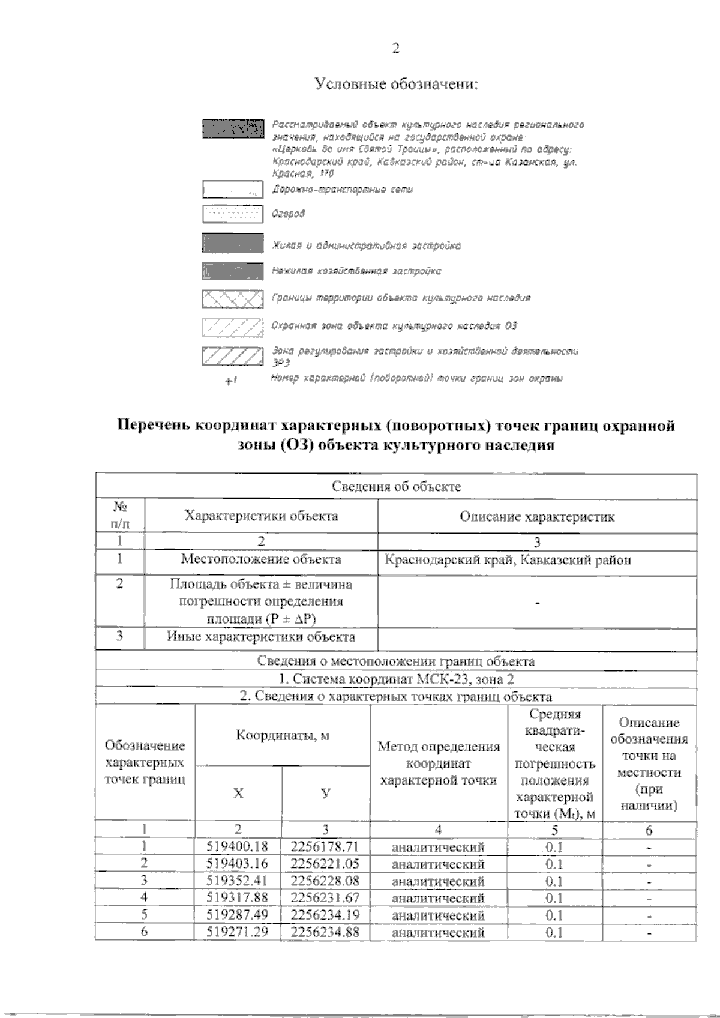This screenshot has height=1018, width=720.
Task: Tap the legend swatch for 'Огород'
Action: (x=233, y=214)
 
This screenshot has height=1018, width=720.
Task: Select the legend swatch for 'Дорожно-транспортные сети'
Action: (x=233, y=190)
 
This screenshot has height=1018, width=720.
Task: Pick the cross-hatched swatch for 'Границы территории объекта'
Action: (x=233, y=298)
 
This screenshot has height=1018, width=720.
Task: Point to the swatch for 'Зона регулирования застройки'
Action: (x=233, y=355)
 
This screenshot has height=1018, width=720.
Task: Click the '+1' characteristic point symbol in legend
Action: (x=231, y=380)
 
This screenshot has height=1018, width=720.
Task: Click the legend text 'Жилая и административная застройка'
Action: (x=366, y=245)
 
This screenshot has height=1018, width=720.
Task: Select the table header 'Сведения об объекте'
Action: (x=396, y=487)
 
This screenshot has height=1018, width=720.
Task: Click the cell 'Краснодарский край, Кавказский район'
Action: (x=508, y=560)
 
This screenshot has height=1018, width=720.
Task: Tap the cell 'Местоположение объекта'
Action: (x=261, y=559)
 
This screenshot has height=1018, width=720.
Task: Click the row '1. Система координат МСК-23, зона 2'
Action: (x=396, y=679)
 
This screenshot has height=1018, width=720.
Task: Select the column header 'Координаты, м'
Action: (x=282, y=735)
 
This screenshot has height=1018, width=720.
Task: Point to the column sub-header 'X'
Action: (x=238, y=793)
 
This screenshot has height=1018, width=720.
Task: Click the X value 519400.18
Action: (x=237, y=846)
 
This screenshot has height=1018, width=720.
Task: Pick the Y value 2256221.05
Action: (x=325, y=863)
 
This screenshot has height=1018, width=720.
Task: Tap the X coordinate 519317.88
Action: (x=237, y=897)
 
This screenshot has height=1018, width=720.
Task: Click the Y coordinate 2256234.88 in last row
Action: (x=325, y=932)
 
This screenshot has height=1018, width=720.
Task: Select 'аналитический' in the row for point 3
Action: (x=438, y=881)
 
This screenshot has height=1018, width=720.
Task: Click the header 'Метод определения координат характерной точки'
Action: (x=438, y=763)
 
